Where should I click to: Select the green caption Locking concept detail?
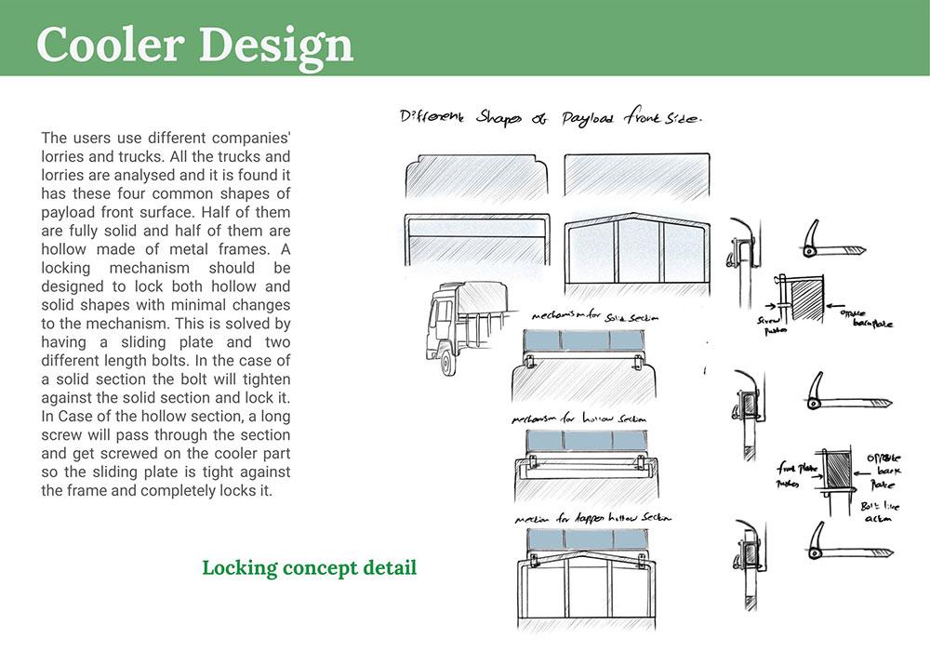309,567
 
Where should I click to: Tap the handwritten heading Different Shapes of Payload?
549,119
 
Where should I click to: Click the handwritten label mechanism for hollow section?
584,419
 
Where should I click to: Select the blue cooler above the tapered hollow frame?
585,541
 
